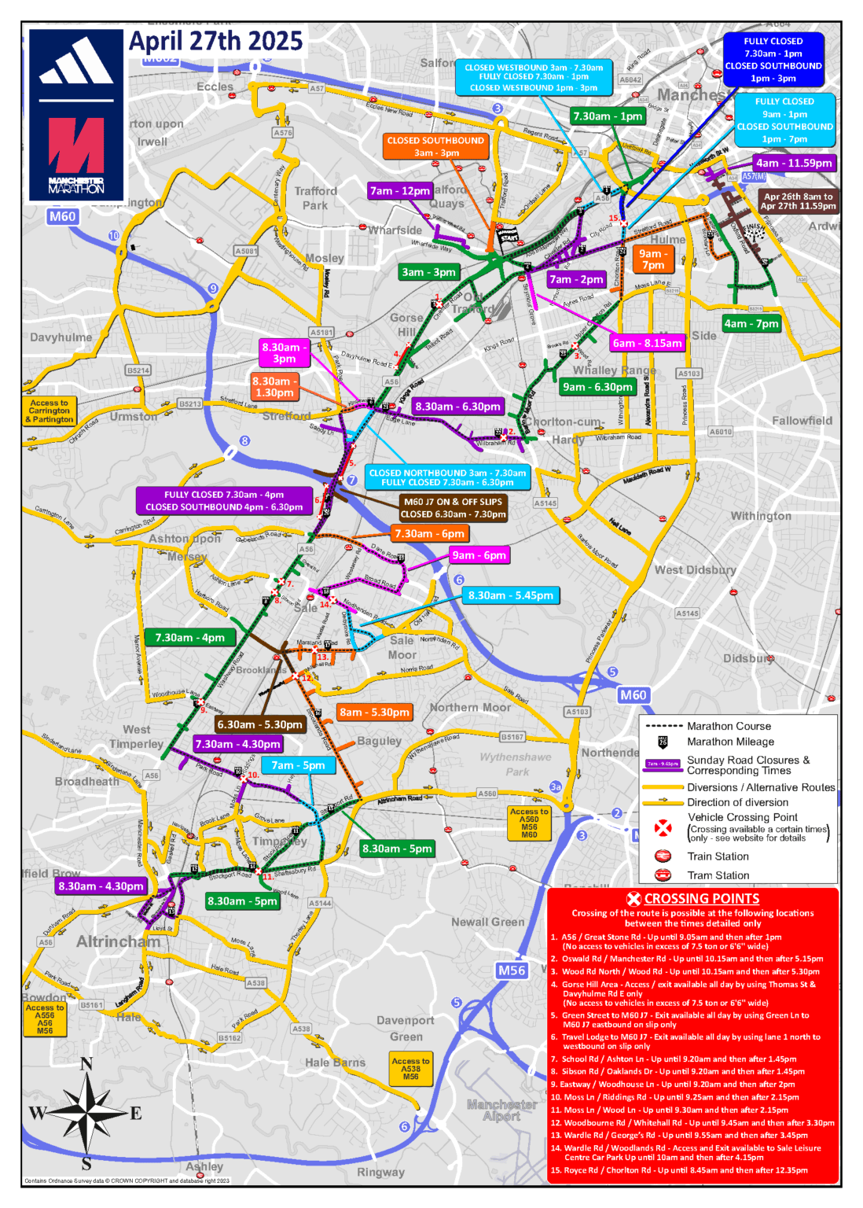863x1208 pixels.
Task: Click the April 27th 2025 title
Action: [215, 41]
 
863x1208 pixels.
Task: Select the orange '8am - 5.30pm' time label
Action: [374, 713]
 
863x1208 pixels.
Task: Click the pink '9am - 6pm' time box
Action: [479, 555]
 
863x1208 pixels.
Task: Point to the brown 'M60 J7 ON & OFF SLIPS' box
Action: [452, 507]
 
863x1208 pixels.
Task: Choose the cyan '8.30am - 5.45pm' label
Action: [511, 595]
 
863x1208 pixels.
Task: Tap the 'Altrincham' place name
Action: [118, 941]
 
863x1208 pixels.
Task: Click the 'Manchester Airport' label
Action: [501, 1110]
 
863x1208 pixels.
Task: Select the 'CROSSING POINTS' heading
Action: [701, 898]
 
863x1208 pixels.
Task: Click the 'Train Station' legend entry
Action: [717, 856]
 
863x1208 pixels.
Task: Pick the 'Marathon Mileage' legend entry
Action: [729, 742]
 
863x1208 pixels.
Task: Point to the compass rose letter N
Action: [86, 1065]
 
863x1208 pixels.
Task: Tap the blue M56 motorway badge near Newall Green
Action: [512, 970]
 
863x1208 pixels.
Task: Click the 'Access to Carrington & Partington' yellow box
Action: [50, 411]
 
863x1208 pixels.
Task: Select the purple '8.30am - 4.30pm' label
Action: [101, 886]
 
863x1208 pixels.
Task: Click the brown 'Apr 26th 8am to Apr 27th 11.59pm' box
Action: [797, 201]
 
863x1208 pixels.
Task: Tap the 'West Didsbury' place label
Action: [695, 569]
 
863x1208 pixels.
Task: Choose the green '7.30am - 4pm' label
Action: [189, 638]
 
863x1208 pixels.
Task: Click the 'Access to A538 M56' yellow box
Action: [410, 1068]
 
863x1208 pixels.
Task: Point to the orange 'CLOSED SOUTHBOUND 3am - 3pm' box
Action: [435, 146]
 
